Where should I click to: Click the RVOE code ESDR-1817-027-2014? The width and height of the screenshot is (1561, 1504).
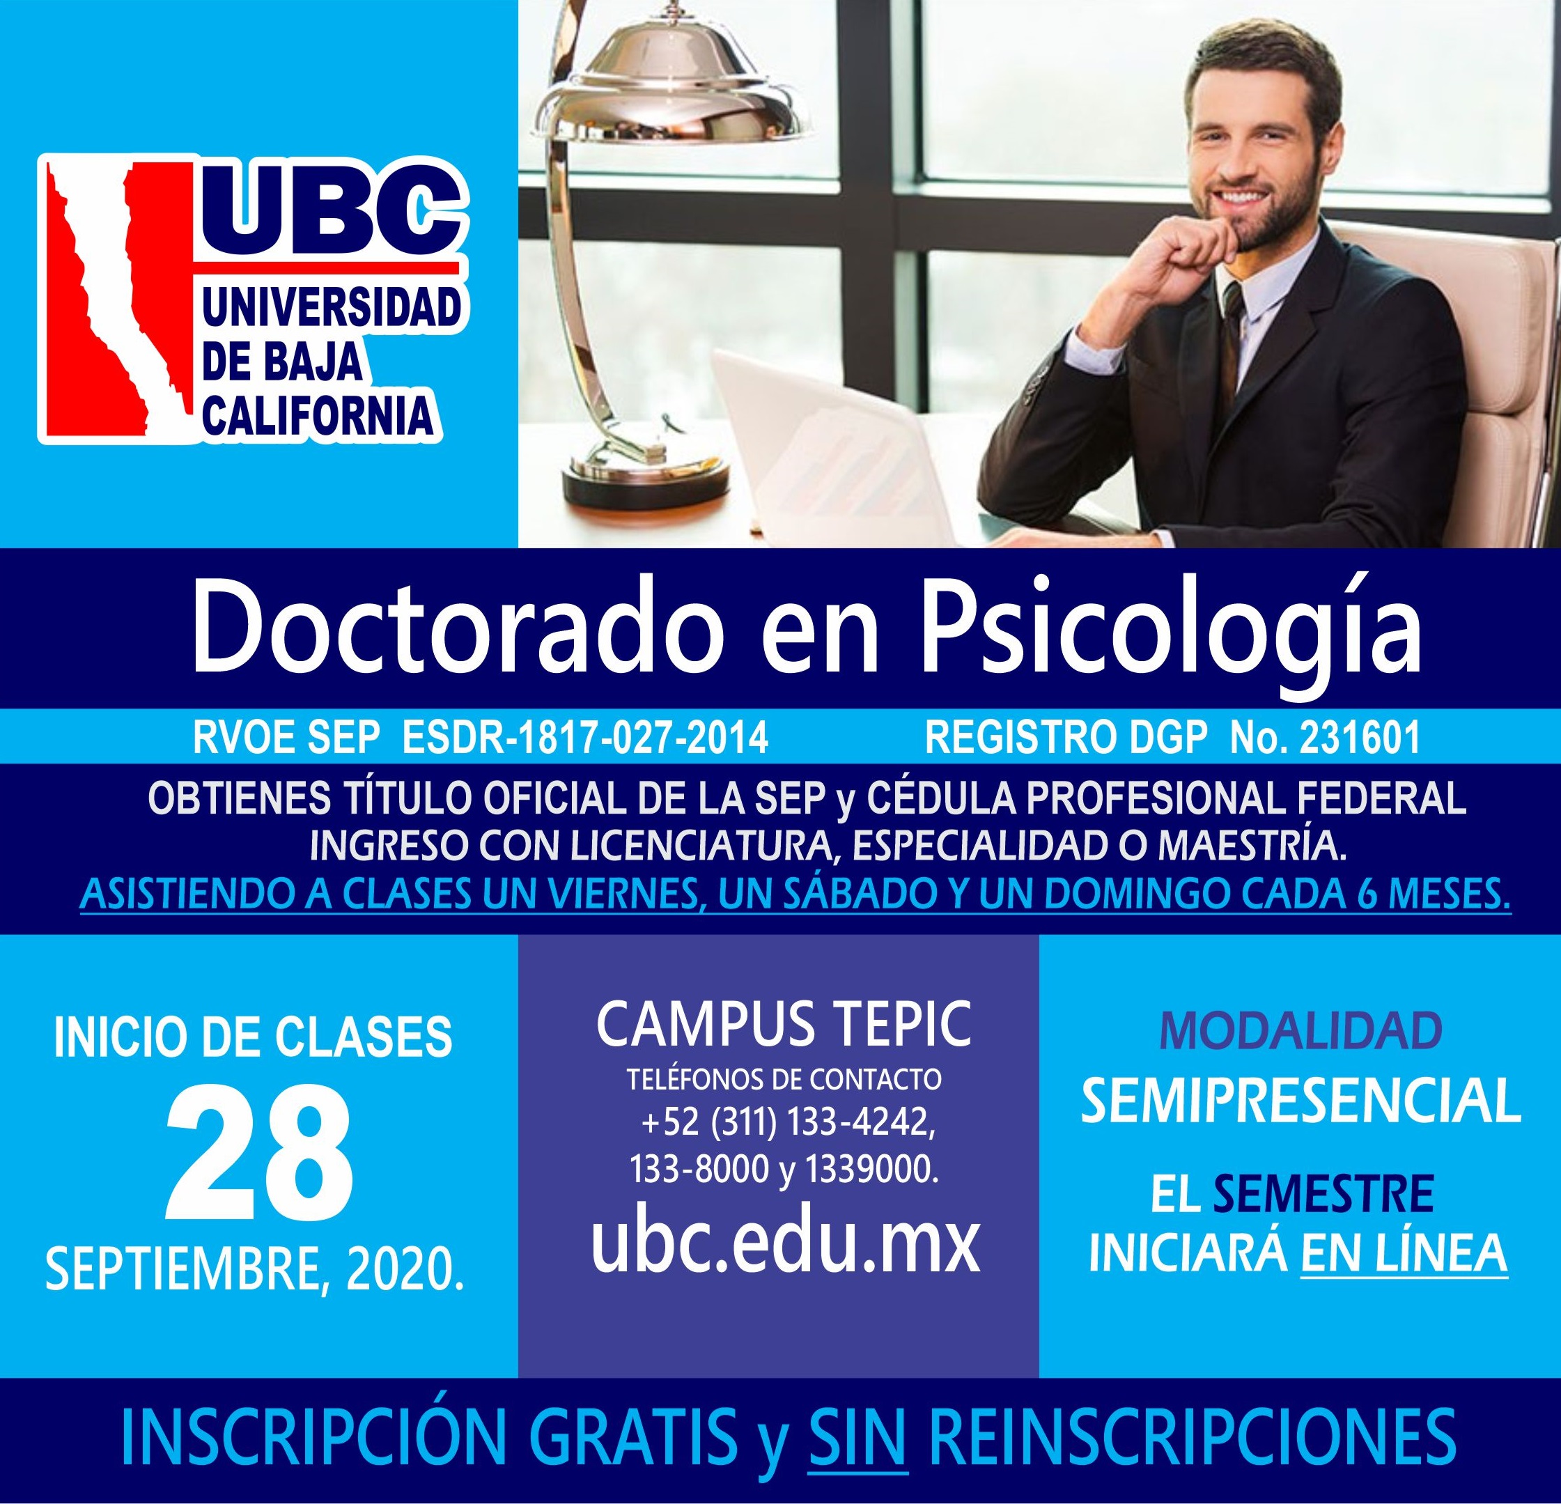click(x=587, y=738)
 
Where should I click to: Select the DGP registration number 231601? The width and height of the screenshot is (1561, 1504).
click(x=1361, y=738)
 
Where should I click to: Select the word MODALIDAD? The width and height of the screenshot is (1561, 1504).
click(x=1300, y=1031)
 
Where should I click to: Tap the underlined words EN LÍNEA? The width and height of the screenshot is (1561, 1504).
click(x=1404, y=1253)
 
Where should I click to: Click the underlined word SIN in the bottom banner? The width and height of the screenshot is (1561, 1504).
click(x=857, y=1436)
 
